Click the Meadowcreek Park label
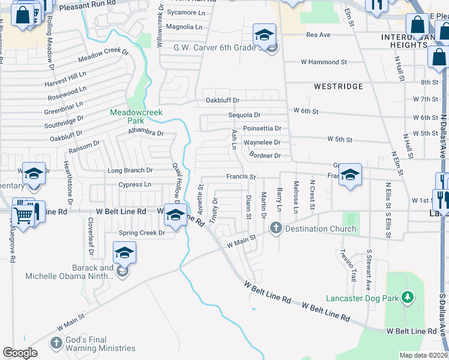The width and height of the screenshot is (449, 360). [x=127, y=116]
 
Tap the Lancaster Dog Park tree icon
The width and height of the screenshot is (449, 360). [x=408, y=297]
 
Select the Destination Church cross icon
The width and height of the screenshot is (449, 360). [x=276, y=228]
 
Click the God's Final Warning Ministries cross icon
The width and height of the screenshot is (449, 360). [x=56, y=343]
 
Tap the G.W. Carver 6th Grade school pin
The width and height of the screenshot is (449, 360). [x=264, y=35]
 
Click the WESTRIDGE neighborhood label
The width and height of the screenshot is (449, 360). [x=339, y=86]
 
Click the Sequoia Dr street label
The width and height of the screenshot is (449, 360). [x=244, y=115]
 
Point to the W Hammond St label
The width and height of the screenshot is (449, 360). [x=324, y=62]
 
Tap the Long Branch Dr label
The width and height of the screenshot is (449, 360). [x=130, y=170]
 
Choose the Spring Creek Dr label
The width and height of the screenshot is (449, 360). [x=142, y=233]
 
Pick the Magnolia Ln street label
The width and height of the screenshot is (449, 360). [x=184, y=27]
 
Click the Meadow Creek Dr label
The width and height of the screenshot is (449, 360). [x=104, y=54]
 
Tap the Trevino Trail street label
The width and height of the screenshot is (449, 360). [x=348, y=265]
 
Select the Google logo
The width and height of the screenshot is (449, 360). [x=20, y=353]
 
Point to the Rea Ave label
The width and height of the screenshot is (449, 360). [x=318, y=35]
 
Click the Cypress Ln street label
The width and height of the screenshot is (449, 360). [x=134, y=185]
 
